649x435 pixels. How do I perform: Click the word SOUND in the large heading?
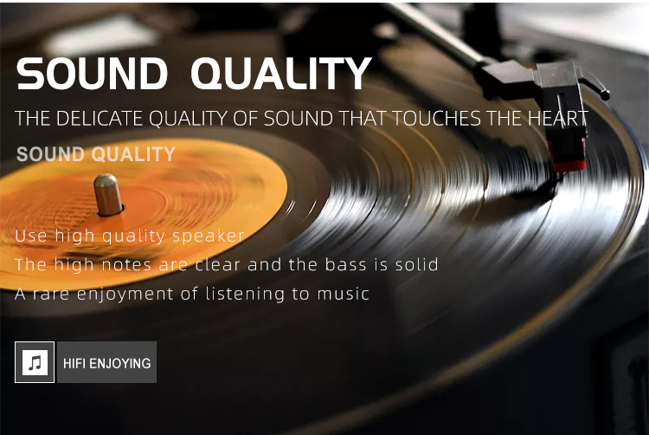(92, 74)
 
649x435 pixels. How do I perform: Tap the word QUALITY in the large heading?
(281, 74)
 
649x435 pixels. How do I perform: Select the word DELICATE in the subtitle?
(100, 119)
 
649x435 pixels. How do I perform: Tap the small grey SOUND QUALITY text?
(96, 154)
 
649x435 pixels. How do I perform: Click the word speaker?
(209, 237)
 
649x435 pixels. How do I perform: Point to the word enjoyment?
(125, 295)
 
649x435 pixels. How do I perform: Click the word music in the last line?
(344, 294)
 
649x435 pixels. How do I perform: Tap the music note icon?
(35, 362)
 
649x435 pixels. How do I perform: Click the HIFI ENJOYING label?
(106, 363)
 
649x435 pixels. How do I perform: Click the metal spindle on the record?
(107, 195)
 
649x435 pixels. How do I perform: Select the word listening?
(245, 295)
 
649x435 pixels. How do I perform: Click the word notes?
(126, 265)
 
